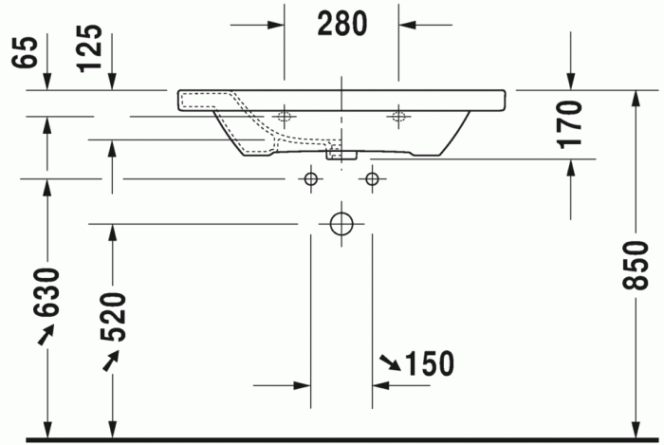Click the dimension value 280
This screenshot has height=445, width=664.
(x=341, y=24)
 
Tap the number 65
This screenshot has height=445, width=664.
(x=26, y=52)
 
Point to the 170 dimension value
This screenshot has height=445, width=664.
(x=569, y=123)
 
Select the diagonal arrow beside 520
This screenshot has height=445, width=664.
(x=112, y=360)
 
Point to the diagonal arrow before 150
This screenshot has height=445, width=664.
(x=390, y=362)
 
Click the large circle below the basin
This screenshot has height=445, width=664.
(x=341, y=224)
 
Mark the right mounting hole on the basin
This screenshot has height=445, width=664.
(x=398, y=118)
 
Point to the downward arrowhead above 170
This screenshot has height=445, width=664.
(x=569, y=83)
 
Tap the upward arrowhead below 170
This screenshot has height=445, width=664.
(x=569, y=167)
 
